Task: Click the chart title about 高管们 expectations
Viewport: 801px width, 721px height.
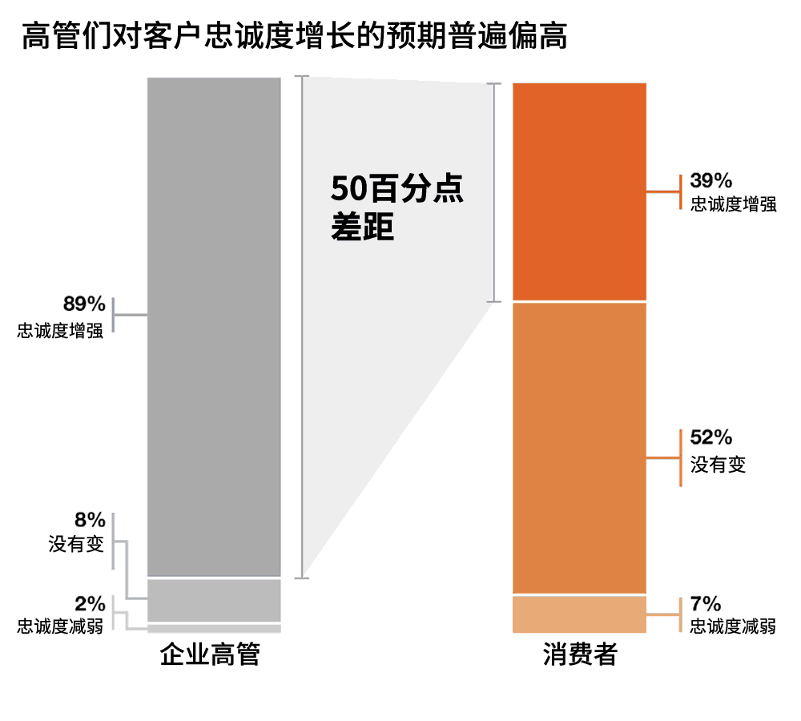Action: [295, 36]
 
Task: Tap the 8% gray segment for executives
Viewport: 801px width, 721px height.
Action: [214, 599]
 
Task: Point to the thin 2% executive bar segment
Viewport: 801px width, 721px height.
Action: [214, 628]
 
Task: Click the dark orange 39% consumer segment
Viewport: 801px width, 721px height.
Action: [579, 191]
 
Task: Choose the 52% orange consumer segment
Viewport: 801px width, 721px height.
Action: [579, 448]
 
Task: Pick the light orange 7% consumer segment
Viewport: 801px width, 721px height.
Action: [579, 614]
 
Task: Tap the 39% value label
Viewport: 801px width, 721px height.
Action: [711, 180]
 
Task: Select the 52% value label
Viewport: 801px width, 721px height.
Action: [711, 437]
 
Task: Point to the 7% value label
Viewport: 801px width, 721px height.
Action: [706, 604]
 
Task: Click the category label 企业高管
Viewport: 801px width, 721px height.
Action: [211, 655]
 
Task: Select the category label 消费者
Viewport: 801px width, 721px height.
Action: [580, 655]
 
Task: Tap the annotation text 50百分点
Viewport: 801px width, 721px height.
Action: [397, 191]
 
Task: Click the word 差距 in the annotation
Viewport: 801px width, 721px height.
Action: [362, 228]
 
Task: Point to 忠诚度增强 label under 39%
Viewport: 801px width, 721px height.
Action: [733, 203]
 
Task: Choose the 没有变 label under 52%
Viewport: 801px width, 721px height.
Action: [718, 464]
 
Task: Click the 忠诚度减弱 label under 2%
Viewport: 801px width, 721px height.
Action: [60, 626]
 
